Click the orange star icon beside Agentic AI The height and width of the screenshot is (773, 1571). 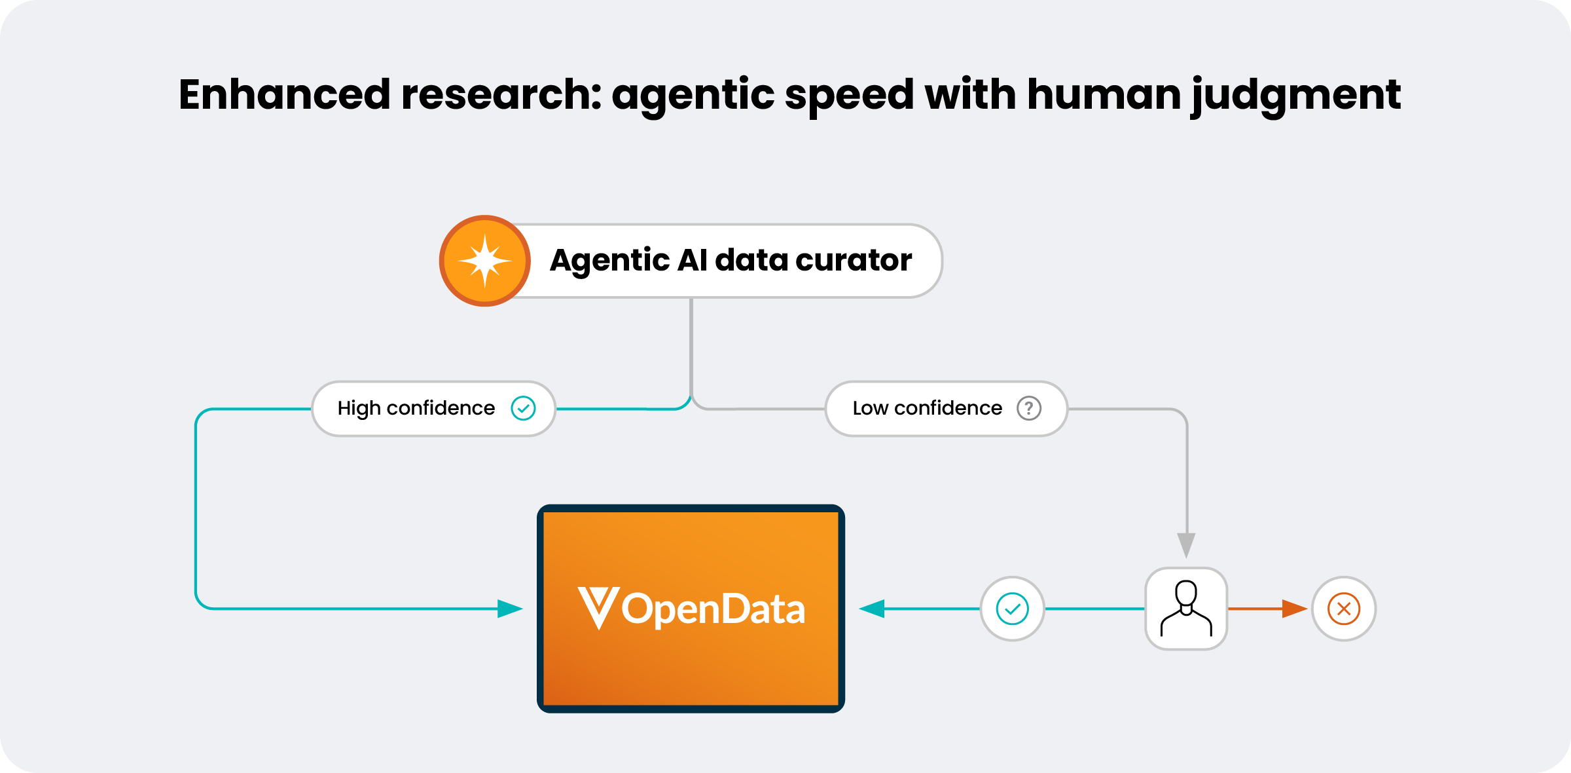pyautogui.click(x=484, y=261)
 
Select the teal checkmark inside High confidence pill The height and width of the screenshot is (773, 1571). pyautogui.click(x=523, y=408)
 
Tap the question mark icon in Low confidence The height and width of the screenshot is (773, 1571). pyautogui.click(x=1029, y=408)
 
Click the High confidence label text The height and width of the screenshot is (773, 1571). pyautogui.click(x=416, y=408)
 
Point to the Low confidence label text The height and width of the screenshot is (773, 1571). pyautogui.click(x=927, y=408)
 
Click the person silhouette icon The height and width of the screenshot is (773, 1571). pyautogui.click(x=1186, y=609)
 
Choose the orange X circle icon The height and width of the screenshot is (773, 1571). pyautogui.click(x=1344, y=609)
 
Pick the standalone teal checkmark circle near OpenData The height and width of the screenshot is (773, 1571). pyautogui.click(x=1012, y=609)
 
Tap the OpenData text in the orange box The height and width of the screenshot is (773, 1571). pyautogui.click(x=713, y=609)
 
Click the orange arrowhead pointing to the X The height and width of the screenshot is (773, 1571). pyautogui.click(x=1294, y=609)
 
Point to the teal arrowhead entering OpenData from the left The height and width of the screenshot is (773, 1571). pyautogui.click(x=509, y=609)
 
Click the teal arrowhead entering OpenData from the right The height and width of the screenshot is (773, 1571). pyautogui.click(x=872, y=609)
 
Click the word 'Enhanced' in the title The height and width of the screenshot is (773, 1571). pyautogui.click(x=284, y=94)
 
